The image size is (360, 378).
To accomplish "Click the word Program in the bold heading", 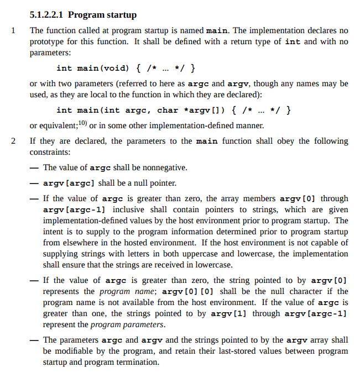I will [86, 15].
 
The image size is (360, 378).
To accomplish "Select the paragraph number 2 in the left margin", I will [13, 141].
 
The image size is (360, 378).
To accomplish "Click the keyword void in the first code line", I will [115, 68].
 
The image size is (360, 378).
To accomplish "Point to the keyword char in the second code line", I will [168, 110].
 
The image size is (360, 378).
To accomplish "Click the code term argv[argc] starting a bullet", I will [68, 183].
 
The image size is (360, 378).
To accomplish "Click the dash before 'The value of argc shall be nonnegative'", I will [35, 167].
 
